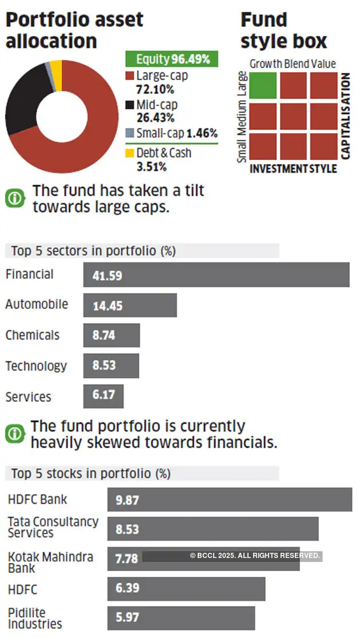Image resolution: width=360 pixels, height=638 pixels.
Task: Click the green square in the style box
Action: (x=263, y=85)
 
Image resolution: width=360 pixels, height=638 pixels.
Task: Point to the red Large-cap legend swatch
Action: (x=130, y=75)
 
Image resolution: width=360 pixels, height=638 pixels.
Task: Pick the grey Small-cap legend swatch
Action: (x=130, y=133)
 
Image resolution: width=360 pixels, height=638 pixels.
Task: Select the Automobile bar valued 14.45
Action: (x=130, y=305)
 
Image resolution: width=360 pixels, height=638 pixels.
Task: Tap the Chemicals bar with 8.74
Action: (x=111, y=335)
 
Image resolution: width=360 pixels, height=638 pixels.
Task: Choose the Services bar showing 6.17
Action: (x=103, y=396)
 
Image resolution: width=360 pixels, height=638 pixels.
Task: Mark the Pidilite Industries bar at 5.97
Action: (x=181, y=618)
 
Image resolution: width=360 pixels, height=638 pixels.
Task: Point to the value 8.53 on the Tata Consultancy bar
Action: (x=127, y=530)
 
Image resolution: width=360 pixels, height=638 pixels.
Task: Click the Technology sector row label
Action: (x=36, y=366)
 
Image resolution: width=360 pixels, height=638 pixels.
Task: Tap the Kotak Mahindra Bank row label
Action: (x=50, y=562)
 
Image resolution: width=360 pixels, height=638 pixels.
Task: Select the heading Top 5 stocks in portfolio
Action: (x=91, y=473)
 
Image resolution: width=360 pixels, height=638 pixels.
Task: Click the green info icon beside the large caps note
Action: (x=15, y=198)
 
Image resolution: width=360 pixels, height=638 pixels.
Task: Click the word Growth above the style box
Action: (x=266, y=64)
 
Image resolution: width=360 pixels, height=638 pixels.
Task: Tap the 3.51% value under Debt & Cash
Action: (x=151, y=167)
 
